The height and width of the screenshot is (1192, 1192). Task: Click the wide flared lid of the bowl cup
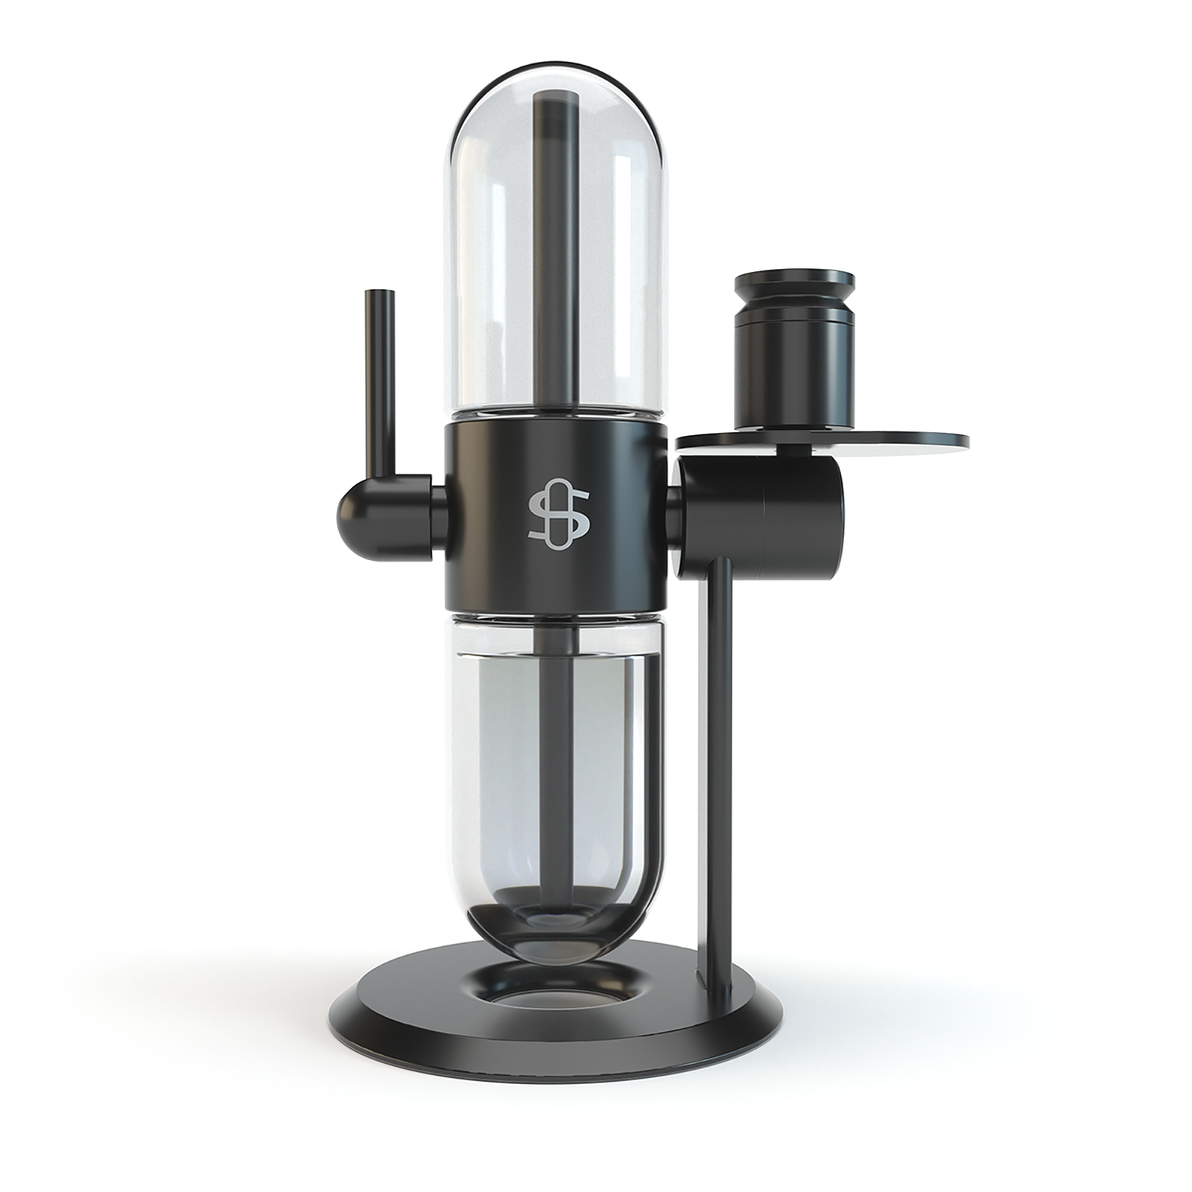(x=794, y=283)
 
